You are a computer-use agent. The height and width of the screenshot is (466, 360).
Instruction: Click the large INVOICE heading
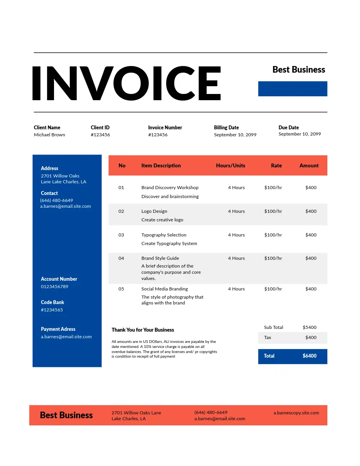point(126,83)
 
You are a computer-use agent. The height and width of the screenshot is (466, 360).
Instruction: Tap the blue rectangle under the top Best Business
point(292,89)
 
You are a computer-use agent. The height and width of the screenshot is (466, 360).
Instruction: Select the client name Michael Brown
point(49,135)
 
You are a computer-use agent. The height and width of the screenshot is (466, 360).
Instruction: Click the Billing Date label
point(226,127)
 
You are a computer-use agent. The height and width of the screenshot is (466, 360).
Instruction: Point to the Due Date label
point(289,127)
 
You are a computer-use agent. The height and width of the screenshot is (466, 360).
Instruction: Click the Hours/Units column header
point(230,165)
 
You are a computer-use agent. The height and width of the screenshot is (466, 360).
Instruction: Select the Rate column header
point(276,165)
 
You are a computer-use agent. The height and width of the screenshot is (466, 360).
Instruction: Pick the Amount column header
point(309,165)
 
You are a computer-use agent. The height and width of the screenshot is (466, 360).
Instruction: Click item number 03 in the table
point(121,235)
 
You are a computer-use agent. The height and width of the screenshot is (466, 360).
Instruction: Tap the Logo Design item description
point(154,211)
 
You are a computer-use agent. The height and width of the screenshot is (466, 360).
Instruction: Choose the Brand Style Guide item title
point(160,258)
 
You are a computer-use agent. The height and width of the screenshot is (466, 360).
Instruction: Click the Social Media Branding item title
point(164,289)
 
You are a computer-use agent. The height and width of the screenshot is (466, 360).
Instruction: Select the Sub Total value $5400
point(310,327)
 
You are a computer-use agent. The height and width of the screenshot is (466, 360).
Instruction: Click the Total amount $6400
point(310,356)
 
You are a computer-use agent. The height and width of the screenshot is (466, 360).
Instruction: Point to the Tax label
point(268,337)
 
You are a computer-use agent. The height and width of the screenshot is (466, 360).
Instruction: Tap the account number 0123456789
point(54,287)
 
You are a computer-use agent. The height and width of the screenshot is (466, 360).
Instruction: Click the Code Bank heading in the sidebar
point(52,302)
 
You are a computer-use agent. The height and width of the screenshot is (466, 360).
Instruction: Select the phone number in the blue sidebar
point(57,200)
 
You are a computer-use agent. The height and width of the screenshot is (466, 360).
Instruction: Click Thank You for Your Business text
point(143,330)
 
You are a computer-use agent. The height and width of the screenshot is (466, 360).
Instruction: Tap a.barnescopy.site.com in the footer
point(296,413)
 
